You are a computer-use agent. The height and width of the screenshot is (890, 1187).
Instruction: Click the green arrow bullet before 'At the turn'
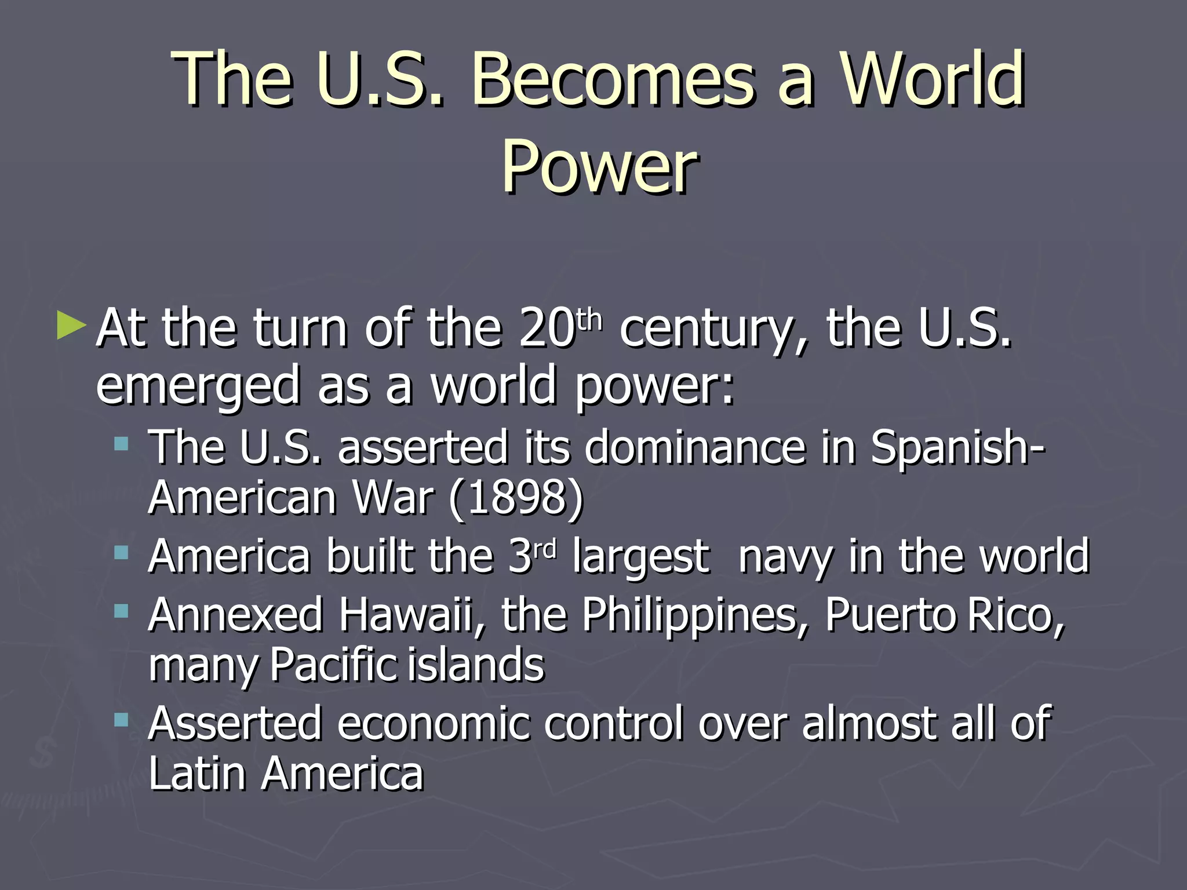pos(71,326)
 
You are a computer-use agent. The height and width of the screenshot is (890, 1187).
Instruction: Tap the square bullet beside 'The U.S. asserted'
pos(121,444)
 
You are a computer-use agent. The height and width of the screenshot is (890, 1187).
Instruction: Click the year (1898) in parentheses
pos(516,498)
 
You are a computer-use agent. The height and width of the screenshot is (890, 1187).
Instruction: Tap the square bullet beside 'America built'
pos(121,553)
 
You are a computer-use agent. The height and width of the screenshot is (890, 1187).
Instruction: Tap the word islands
pos(475,665)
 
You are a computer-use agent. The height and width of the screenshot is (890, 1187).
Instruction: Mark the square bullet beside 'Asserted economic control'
pos(121,720)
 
